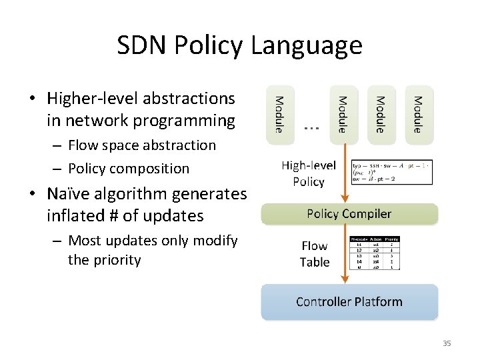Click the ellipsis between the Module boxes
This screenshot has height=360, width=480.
[311, 126]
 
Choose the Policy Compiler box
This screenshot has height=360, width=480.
[349, 214]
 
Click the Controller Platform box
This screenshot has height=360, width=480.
[349, 302]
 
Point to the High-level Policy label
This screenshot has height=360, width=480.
[308, 173]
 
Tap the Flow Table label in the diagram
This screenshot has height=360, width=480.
[315, 254]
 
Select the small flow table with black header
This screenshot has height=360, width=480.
[375, 253]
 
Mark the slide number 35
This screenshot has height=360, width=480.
[447, 343]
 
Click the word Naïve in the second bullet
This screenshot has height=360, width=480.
[68, 194]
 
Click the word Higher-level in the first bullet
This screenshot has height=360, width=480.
[93, 99]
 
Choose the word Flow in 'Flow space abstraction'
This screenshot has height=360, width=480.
[83, 145]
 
